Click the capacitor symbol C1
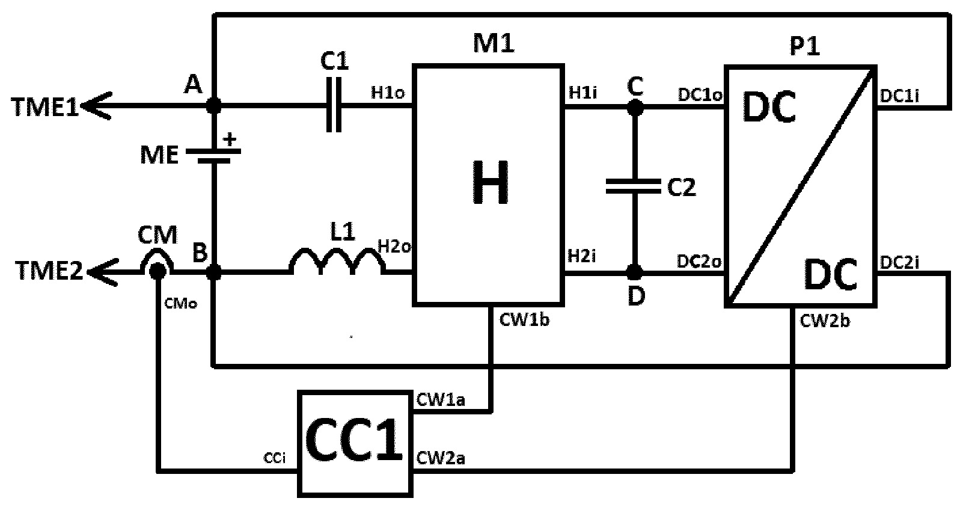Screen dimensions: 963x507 click(x=334, y=105)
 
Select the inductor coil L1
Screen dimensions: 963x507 click(x=337, y=259)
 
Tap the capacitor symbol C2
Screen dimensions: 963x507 click(x=634, y=186)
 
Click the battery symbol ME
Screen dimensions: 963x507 click(x=213, y=156)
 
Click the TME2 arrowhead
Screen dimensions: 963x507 click(x=103, y=272)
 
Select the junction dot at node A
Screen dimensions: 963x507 click(x=213, y=105)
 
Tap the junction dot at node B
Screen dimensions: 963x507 click(x=213, y=272)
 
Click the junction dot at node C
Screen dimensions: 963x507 click(x=635, y=108)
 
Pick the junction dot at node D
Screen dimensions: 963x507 click(x=635, y=272)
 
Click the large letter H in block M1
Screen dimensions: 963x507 click(x=490, y=182)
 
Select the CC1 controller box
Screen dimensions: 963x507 click(x=355, y=444)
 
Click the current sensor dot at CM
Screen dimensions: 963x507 click(x=157, y=271)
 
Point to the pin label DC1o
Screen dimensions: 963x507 click(x=700, y=95)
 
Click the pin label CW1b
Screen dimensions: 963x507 click(x=525, y=321)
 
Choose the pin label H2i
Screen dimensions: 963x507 click(x=582, y=256)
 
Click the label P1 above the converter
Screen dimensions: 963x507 click(x=805, y=46)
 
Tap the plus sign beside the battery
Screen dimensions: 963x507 click(x=231, y=140)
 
